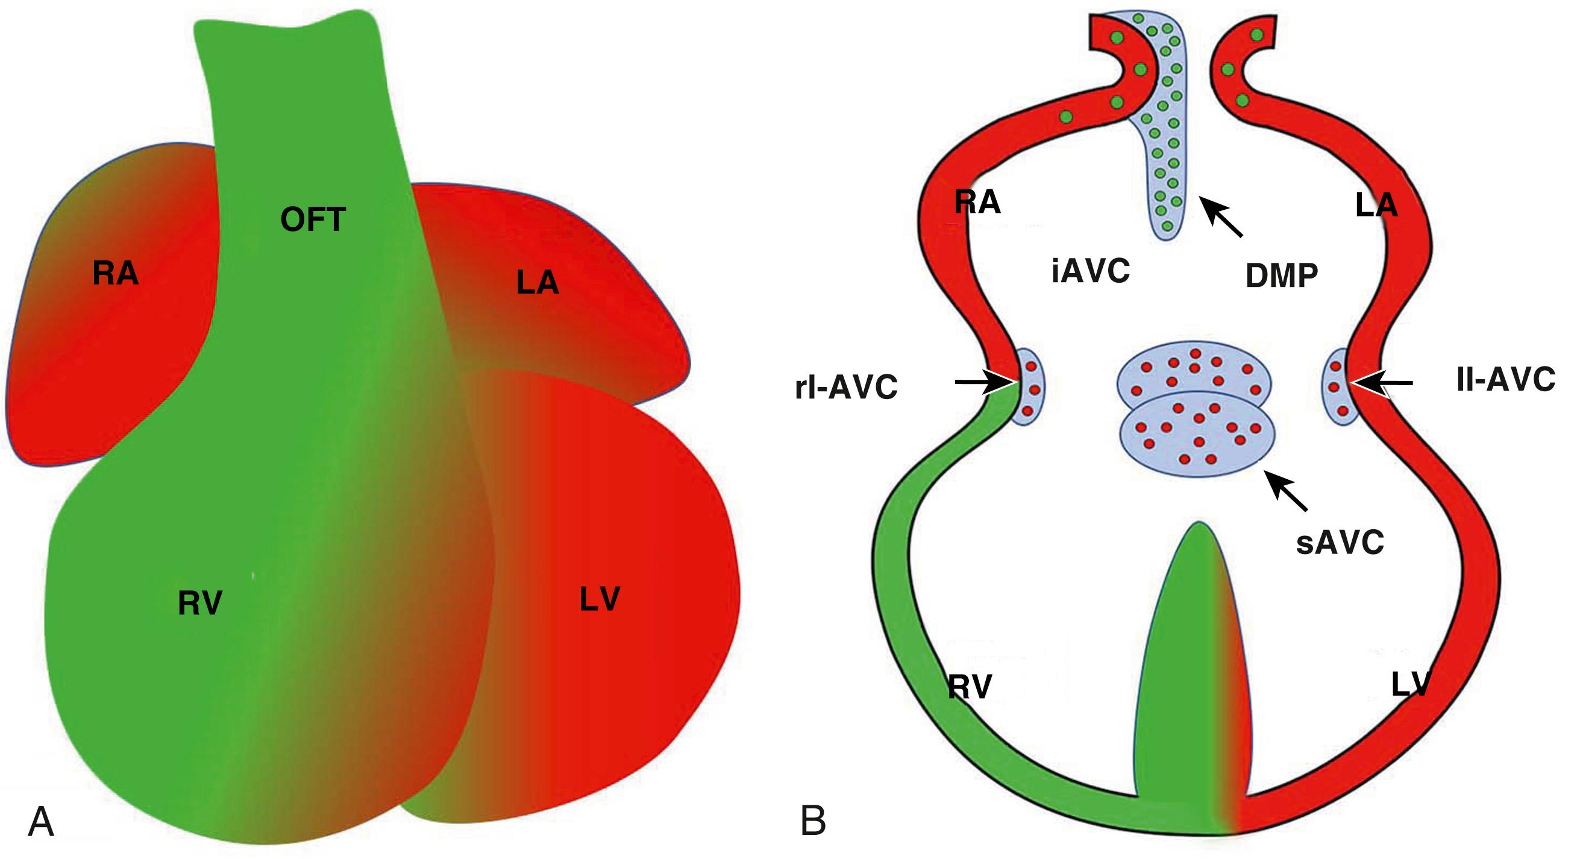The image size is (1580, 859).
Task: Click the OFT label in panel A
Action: pos(313,219)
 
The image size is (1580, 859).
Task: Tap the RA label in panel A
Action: pos(115,273)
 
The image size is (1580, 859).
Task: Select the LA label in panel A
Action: pos(538,283)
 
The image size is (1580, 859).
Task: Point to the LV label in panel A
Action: pos(599,599)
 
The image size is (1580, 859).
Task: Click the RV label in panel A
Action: pos(200,603)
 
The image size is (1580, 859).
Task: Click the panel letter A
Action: pos(41,822)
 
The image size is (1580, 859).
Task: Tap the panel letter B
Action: pos(814,821)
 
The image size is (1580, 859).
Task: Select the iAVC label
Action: pos(1091,271)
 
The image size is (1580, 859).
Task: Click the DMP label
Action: pos(1281,275)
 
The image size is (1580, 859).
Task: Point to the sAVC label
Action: pos(1340,543)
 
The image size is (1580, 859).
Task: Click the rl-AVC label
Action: pos(847,387)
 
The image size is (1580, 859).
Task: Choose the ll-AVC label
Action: pos(1506,380)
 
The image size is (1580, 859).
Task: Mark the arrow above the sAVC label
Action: pos(1288,491)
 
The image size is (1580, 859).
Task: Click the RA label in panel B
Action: pos(977,202)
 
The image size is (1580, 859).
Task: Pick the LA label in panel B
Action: pos(1376,206)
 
